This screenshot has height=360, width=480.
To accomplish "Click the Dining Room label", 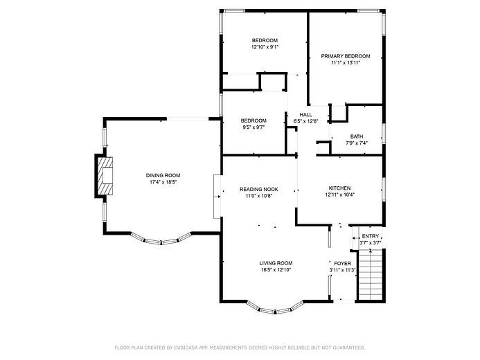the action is [163, 175].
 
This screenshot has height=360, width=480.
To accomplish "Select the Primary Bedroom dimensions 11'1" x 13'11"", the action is [346, 63].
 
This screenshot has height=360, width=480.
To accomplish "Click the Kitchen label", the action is [339, 188].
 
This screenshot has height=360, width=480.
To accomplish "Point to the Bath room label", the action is [357, 136].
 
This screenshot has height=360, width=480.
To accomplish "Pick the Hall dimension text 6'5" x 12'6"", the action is [306, 121].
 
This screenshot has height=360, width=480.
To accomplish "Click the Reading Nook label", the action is [259, 189].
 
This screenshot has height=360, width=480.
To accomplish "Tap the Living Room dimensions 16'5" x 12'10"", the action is [276, 270].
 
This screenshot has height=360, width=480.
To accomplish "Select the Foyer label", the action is [343, 263].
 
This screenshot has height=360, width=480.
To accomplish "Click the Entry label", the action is [371, 236].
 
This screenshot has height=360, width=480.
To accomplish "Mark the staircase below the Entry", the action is [371, 275].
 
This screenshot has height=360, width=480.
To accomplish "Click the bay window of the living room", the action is [275, 309].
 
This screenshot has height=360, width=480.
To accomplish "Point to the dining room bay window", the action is [161, 239].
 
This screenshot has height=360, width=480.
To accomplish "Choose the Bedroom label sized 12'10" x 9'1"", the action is [265, 40].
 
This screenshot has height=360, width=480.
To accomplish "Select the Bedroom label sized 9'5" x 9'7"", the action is [254, 120].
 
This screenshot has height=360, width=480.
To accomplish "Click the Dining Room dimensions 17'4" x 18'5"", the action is [163, 182].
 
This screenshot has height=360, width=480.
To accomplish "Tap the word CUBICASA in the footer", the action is [186, 348].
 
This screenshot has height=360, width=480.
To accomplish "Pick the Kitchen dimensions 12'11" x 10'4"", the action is [340, 195].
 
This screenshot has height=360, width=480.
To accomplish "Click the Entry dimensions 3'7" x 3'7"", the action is [370, 243].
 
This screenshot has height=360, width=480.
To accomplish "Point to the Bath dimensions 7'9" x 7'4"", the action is [357, 143].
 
